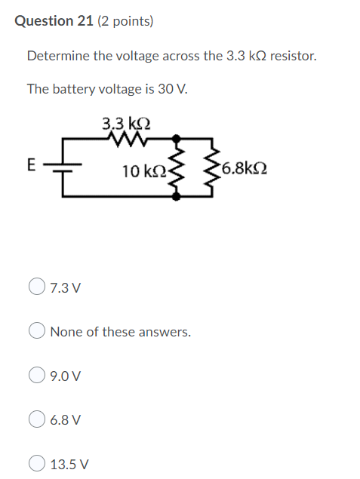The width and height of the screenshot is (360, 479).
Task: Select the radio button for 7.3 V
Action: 37,287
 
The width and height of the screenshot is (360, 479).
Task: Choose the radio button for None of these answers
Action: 37,331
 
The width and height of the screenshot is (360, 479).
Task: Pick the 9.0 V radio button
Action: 37,375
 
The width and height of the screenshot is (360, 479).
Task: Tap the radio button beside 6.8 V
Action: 37,419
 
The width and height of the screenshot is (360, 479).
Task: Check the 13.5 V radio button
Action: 37,463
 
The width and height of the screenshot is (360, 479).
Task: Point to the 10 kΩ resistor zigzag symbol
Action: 177,169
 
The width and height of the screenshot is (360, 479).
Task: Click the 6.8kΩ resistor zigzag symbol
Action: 214,169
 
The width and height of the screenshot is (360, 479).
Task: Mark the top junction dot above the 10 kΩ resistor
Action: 176,139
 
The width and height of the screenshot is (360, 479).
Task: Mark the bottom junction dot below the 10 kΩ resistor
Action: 176,196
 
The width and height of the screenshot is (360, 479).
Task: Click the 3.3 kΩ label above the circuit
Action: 126,124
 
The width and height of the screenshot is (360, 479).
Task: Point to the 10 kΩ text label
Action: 144,171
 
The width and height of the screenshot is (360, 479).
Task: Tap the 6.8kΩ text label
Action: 245,169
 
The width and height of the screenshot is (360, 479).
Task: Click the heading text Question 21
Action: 54,21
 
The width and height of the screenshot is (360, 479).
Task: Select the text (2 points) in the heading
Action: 125,22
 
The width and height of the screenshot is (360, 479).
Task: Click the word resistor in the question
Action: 294,57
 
